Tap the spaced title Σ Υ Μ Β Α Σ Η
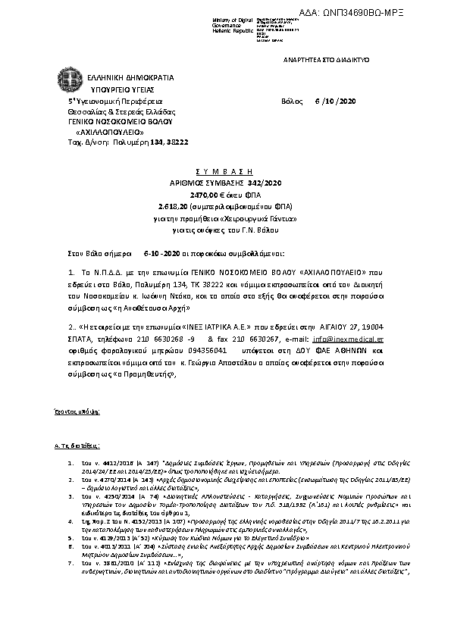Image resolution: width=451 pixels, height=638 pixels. (225, 164)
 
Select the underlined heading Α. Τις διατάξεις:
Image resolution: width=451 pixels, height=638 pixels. (79, 447)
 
